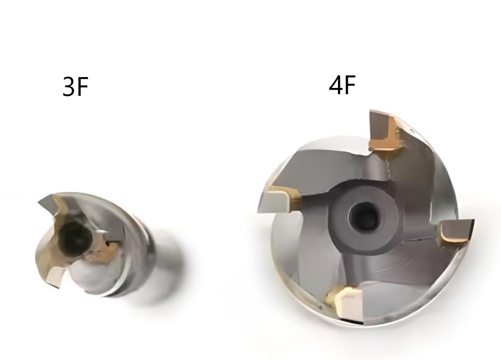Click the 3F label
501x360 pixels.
(75, 87)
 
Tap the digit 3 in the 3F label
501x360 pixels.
(68, 87)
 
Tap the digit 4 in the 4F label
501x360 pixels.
(336, 85)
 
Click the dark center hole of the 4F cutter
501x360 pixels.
(364, 215)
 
